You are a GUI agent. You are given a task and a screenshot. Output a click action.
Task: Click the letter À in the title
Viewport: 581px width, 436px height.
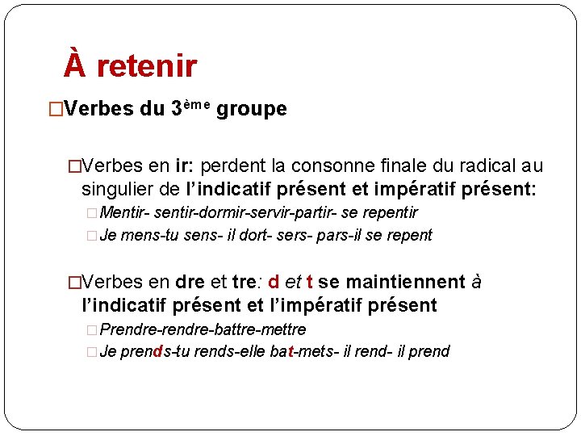pos(74,65)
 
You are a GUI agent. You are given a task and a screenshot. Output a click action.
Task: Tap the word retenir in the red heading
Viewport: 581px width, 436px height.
pos(146,66)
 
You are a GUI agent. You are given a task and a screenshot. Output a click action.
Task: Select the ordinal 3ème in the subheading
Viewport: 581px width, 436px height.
pos(190,108)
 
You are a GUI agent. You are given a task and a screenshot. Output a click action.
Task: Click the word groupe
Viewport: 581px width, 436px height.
pos(252,109)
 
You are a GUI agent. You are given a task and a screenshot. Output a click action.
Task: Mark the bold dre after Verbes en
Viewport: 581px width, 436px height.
pos(190,282)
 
